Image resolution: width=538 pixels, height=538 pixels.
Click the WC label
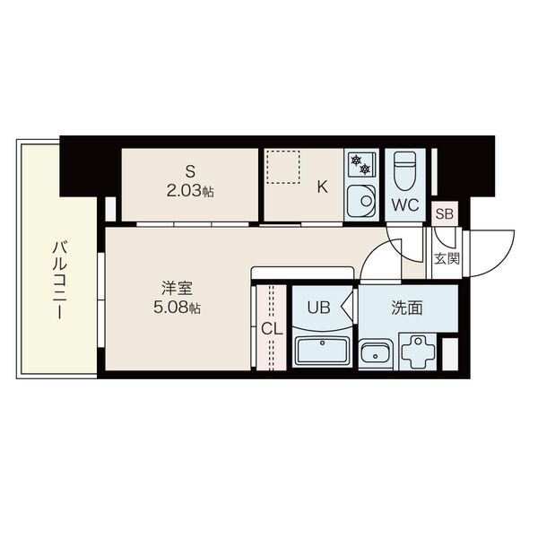tap(405, 204)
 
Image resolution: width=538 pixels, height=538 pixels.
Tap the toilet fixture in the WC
tap(405, 171)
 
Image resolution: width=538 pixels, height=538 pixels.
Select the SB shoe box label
tap(445, 214)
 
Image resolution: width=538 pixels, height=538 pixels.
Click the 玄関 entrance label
tap(447, 258)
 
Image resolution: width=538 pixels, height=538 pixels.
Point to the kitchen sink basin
tap(361, 201)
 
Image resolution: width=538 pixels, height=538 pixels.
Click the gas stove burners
tap(361, 164)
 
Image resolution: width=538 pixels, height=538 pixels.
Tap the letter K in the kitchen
tap(322, 187)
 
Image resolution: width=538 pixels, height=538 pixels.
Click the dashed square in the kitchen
tap(283, 167)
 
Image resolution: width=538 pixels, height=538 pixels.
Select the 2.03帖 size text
tap(190, 192)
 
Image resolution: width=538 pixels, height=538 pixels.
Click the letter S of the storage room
tap(190, 171)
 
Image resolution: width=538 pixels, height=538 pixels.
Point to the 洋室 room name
tap(177, 288)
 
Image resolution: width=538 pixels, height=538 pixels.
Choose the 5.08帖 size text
tap(177, 308)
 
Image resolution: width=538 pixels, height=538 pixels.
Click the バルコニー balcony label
tap(59, 280)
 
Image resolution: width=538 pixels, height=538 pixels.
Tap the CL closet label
tap(272, 329)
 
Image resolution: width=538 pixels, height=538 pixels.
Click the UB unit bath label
tap(318, 308)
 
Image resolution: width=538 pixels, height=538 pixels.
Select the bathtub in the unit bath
tap(322, 351)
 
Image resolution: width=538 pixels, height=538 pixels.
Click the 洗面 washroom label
tap(407, 308)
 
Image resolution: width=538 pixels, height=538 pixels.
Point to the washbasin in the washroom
tap(376, 354)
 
